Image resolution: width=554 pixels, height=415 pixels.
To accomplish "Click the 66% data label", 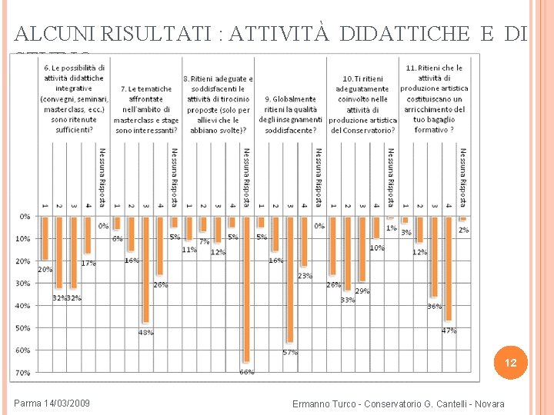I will click(246, 372).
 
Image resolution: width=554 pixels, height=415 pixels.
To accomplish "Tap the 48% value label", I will click(145, 333).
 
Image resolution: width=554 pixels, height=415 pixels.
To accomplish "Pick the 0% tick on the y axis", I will click(25, 216).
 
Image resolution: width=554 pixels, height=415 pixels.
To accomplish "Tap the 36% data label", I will click(434, 307).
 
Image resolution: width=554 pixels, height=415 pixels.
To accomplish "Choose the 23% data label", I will click(305, 275).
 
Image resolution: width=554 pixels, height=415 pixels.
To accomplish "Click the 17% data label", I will click(88, 263).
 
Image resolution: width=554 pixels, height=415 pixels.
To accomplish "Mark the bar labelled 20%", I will click(45, 239).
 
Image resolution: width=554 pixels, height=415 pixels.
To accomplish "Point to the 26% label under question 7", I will click(160, 284).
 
